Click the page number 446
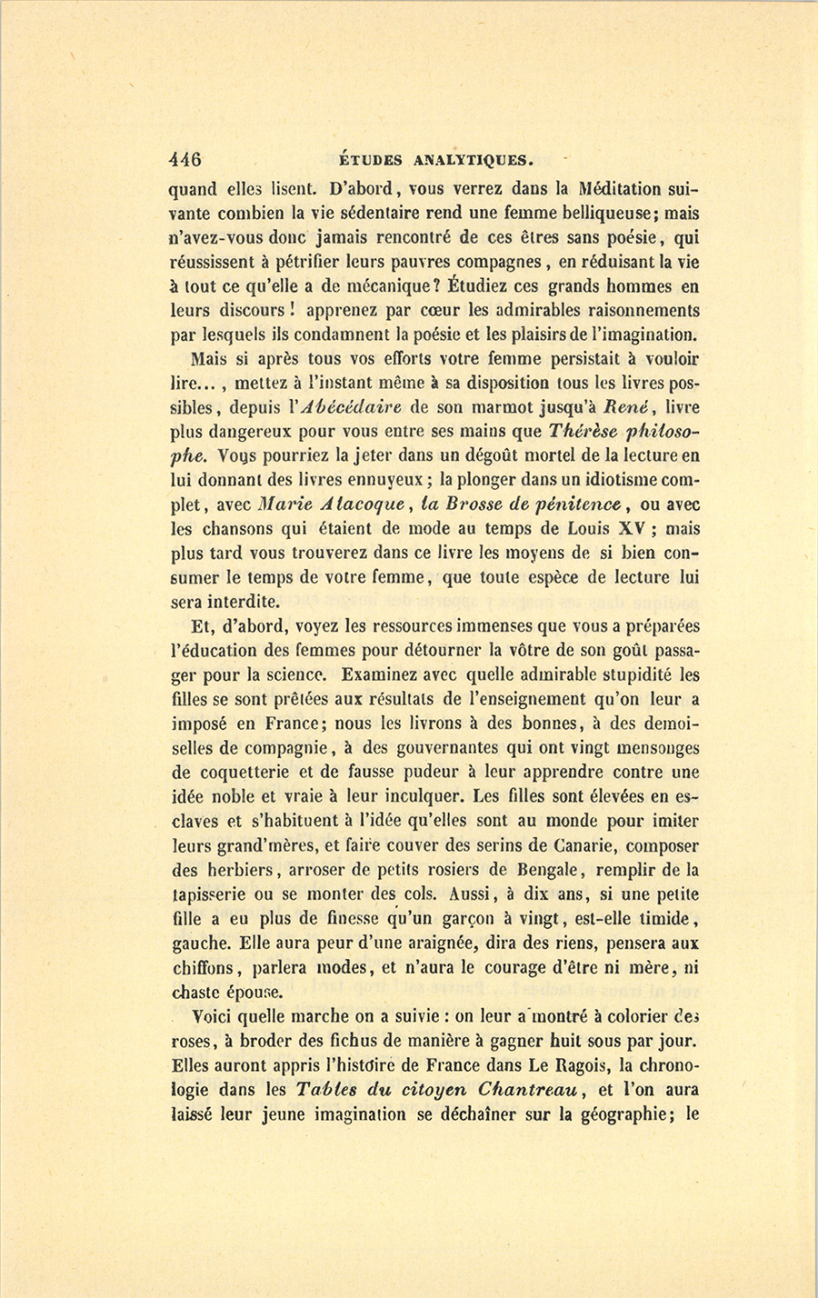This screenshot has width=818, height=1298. [185, 159]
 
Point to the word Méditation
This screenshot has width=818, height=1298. [620, 190]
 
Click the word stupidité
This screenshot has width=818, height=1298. [624, 675]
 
